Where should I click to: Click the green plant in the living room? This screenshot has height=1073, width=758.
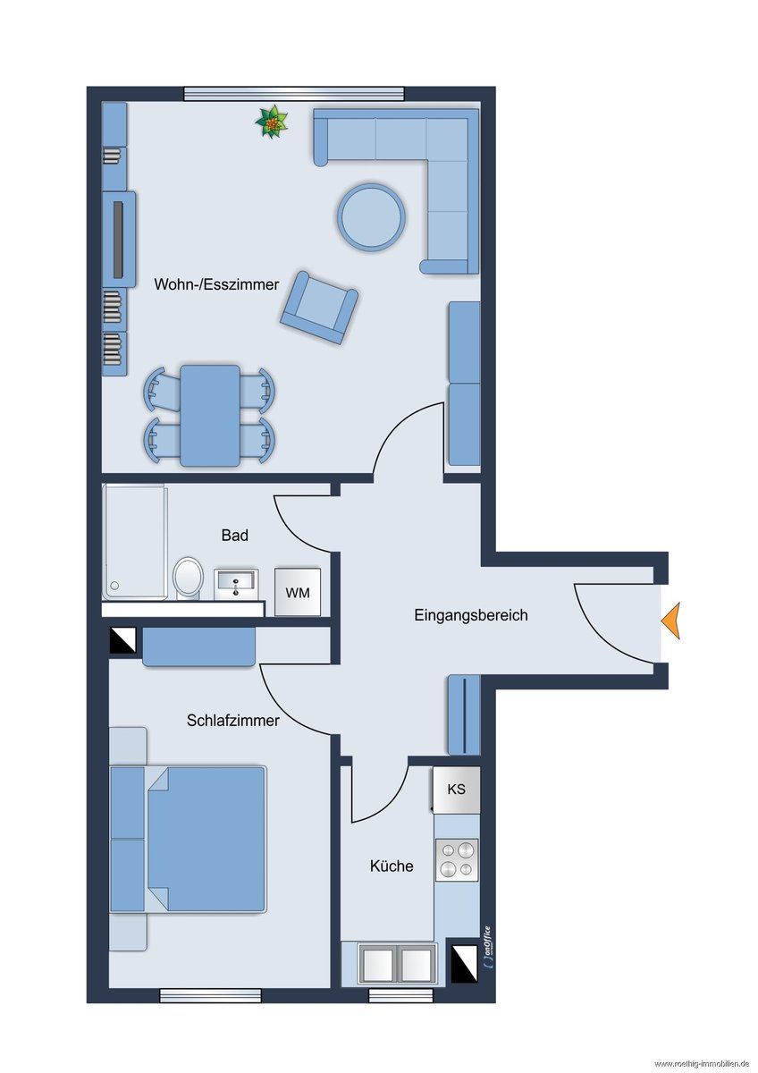(272, 123)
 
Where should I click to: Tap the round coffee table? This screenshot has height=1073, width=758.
(372, 218)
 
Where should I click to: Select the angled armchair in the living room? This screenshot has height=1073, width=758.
(319, 308)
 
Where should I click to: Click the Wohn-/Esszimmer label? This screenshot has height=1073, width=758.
(216, 284)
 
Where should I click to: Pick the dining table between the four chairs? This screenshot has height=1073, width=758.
(210, 415)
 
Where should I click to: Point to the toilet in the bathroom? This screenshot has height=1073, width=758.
(189, 578)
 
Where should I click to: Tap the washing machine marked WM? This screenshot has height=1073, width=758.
(298, 592)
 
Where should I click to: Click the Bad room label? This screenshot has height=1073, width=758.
(234, 535)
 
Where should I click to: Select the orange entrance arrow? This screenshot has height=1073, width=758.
(671, 621)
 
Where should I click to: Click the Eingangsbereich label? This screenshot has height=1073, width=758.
(471, 615)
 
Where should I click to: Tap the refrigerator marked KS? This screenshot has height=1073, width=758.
(457, 790)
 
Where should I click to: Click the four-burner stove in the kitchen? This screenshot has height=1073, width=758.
(457, 859)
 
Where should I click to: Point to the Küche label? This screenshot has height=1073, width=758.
(392, 866)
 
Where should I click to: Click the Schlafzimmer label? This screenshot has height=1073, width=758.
(233, 721)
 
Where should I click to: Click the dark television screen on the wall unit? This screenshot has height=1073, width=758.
(118, 240)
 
